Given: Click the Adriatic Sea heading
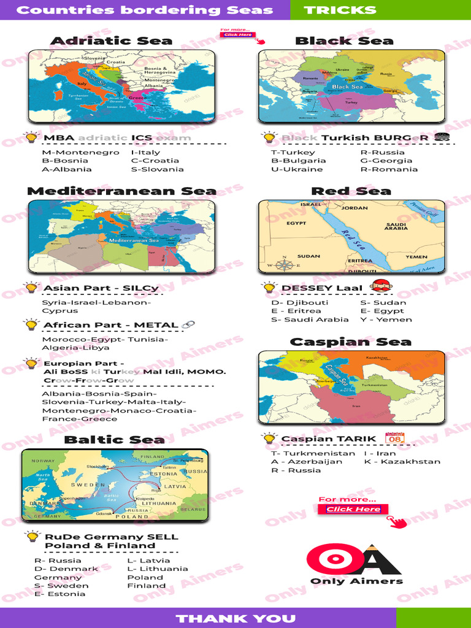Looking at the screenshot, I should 111,41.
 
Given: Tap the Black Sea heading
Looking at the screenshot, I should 344,41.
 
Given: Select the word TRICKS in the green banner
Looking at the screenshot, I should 340,10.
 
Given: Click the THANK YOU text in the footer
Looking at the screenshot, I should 235,618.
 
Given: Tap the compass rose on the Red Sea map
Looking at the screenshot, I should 284,266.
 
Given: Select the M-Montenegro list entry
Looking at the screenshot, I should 80,152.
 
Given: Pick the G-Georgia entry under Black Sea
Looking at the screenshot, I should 386,161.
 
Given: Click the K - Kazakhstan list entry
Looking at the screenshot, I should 402,462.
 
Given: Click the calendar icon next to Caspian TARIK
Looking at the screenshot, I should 394,438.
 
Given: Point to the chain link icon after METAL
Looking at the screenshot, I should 188,324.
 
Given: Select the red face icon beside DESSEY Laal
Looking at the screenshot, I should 381,286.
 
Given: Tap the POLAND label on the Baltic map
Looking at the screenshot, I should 132,516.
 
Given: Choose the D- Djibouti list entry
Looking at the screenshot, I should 300,302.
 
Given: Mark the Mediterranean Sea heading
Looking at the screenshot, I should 121,191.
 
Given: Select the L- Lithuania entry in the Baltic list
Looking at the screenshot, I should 158,569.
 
